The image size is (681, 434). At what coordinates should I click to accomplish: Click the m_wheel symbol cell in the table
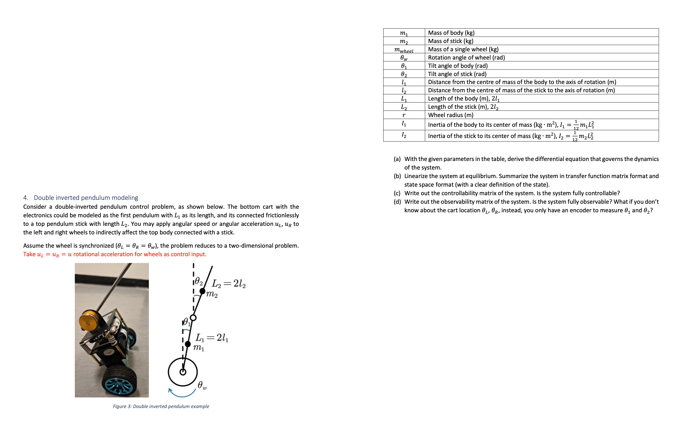tap(404, 50)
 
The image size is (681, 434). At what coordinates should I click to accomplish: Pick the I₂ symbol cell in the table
tap(404, 136)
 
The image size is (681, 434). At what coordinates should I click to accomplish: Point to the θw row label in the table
tap(404, 58)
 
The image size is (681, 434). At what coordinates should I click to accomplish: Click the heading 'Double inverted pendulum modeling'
tap(86, 198)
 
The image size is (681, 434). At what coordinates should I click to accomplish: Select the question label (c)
tap(397, 193)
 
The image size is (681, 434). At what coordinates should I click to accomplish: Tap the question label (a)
tap(397, 159)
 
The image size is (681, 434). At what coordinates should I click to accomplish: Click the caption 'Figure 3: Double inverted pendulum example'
tap(161, 406)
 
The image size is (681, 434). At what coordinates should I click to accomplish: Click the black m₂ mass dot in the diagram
tap(202, 291)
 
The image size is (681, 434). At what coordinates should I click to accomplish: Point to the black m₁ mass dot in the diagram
tap(188, 344)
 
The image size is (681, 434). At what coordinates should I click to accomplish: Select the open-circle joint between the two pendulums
tap(193, 318)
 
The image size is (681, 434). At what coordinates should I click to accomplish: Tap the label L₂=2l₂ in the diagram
tap(229, 284)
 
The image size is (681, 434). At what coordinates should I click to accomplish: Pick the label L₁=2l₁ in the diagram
tap(212, 338)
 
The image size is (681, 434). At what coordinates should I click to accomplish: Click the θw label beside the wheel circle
tap(202, 385)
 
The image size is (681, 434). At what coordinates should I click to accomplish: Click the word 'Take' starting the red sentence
tap(29, 254)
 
